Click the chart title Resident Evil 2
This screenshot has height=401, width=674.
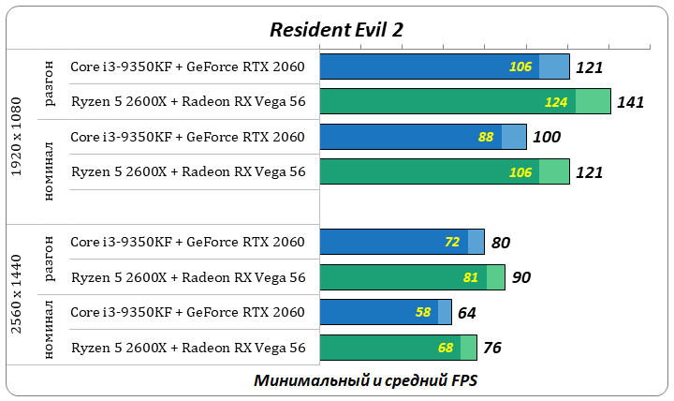pyautogui.click(x=336, y=29)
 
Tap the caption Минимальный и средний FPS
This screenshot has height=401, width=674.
pyautogui.click(x=366, y=381)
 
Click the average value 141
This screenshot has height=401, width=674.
pyautogui.click(x=630, y=102)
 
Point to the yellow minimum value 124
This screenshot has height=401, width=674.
pyautogui.click(x=555, y=102)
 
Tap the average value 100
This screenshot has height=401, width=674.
pyautogui.click(x=546, y=137)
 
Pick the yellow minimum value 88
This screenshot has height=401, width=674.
pyautogui.click(x=486, y=137)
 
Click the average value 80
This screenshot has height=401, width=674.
pyautogui.click(x=500, y=243)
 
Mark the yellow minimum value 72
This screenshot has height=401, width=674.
pyautogui.click(x=452, y=243)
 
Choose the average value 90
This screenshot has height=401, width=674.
pyautogui.click(x=520, y=277)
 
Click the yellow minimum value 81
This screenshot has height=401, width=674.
pyautogui.click(x=471, y=277)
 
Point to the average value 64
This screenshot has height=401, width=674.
pyautogui.click(x=467, y=312)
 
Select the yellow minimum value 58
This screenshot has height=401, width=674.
pyautogui.click(x=422, y=312)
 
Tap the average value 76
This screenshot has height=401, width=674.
pyautogui.click(x=492, y=348)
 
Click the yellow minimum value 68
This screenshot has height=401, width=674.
pyautogui.click(x=445, y=348)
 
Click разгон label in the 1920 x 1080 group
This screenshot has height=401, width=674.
pyautogui.click(x=51, y=84)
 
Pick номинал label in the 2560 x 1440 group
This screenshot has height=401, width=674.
pyautogui.click(x=51, y=330)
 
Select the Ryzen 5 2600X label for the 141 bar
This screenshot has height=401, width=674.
pyautogui.click(x=188, y=102)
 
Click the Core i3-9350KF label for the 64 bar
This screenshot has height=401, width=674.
pyautogui.click(x=188, y=312)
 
